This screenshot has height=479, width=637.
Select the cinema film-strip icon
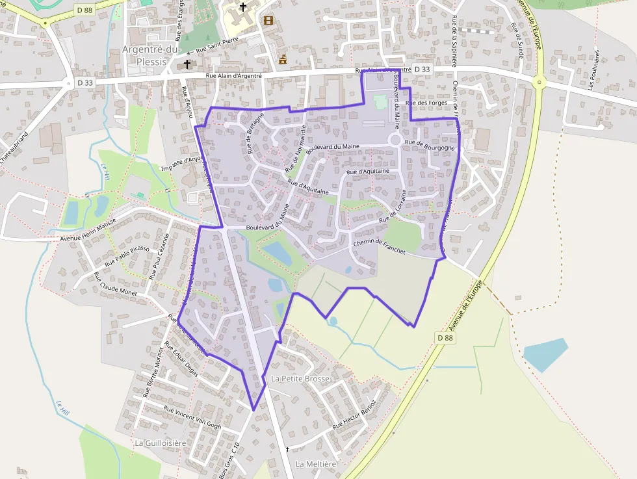pyautogui.click(x=268, y=20)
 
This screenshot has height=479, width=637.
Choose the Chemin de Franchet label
pyautogui.click(x=379, y=246)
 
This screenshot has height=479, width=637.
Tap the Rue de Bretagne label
pyautogui.click(x=255, y=133)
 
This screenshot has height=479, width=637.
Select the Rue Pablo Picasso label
pyautogui.click(x=127, y=255)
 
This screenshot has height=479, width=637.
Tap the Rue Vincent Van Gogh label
pyautogui.click(x=192, y=418)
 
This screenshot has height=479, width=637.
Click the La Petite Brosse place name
pyautogui.click(x=300, y=378)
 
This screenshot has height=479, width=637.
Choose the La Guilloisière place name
pyautogui.click(x=160, y=443)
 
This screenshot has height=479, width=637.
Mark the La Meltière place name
pyautogui.click(x=316, y=464)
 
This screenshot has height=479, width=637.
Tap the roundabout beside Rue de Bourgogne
pyautogui.click(x=395, y=140)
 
